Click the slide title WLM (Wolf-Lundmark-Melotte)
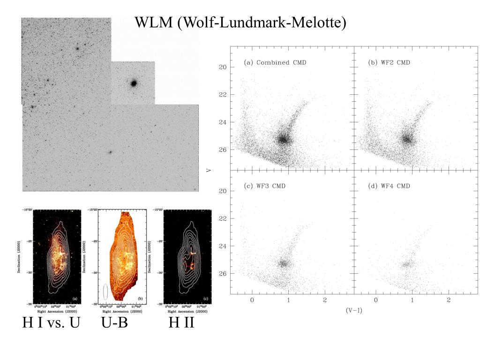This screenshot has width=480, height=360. click(240, 22)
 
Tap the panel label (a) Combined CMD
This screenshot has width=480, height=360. click(275, 63)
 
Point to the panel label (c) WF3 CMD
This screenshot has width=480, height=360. click(264, 186)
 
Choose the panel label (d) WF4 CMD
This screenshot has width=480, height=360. click(389, 186)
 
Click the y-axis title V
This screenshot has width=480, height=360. click(209, 169)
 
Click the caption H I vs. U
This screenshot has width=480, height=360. click(52, 323)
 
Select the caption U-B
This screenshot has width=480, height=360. click(114, 323)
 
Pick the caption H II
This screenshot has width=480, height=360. click(181, 323)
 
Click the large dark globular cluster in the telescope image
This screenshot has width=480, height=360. click(134, 83)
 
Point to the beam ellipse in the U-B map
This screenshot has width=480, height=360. click(105, 291)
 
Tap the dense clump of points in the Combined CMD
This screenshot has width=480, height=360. click(283, 139)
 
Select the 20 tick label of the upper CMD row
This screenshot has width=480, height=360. click(223, 67)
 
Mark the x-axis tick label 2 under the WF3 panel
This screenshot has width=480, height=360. click(325, 300)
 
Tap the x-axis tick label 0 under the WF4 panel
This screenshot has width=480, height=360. click(375, 300)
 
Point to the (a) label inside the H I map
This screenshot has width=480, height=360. click(75, 299)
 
